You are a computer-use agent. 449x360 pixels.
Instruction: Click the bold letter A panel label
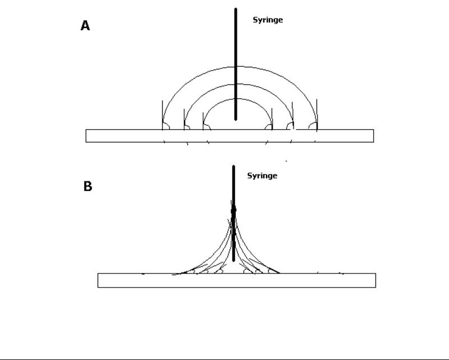click(x=85, y=25)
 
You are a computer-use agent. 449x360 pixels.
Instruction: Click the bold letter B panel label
click(x=88, y=186)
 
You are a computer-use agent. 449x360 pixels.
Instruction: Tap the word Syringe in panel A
click(x=268, y=20)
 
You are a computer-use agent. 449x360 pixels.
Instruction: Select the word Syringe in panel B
click(x=262, y=176)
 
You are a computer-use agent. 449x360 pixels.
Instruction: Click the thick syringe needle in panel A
click(x=236, y=64)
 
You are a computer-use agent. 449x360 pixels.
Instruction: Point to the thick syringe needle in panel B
click(x=233, y=213)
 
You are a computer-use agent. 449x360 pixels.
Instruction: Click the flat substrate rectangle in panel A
click(x=230, y=136)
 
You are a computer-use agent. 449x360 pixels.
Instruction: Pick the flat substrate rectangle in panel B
click(x=237, y=280)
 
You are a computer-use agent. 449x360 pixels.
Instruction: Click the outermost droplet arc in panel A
click(x=240, y=67)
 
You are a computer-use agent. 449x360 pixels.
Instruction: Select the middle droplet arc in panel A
click(x=239, y=84)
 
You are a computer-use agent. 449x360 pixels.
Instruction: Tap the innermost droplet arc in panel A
click(x=237, y=99)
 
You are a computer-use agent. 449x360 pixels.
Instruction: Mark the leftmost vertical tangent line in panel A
click(x=162, y=115)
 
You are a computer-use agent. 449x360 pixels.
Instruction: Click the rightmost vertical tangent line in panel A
click(x=317, y=115)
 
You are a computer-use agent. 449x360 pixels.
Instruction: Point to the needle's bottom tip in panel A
click(x=236, y=120)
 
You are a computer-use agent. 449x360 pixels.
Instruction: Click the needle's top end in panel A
click(x=236, y=8)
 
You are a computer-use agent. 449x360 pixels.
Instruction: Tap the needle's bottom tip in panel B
click(x=233, y=261)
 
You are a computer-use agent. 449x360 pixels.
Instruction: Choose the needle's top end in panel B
click(x=233, y=166)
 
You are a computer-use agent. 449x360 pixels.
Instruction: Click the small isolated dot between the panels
click(x=286, y=161)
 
